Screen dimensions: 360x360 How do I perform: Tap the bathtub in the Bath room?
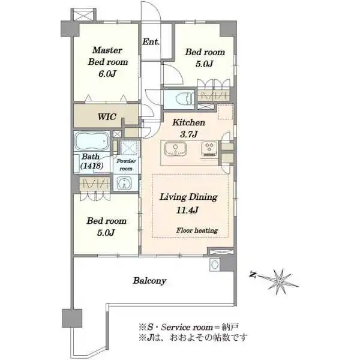(92, 141)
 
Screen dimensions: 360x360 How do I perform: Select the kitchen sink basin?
(175, 148)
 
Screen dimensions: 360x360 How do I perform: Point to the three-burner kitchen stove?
(209, 149)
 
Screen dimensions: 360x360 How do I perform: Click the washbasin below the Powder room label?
(124, 183)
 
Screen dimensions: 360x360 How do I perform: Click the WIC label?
(107, 116)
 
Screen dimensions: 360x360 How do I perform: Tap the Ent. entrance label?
(151, 42)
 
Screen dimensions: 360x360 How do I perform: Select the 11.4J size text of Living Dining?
(187, 210)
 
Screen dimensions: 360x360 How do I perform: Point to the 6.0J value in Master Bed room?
(107, 74)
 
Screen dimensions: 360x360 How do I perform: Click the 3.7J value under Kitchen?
(189, 134)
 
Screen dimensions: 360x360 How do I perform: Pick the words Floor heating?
(197, 230)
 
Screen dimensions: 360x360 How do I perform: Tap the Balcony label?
(149, 281)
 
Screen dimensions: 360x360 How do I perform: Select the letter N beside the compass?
(253, 275)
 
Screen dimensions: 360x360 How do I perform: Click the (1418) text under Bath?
(92, 166)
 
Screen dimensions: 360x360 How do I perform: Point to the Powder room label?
(126, 164)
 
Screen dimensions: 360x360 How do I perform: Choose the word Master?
(107, 50)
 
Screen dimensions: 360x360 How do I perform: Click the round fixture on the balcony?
(214, 265)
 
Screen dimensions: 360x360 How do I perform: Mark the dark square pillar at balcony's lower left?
(72, 318)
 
